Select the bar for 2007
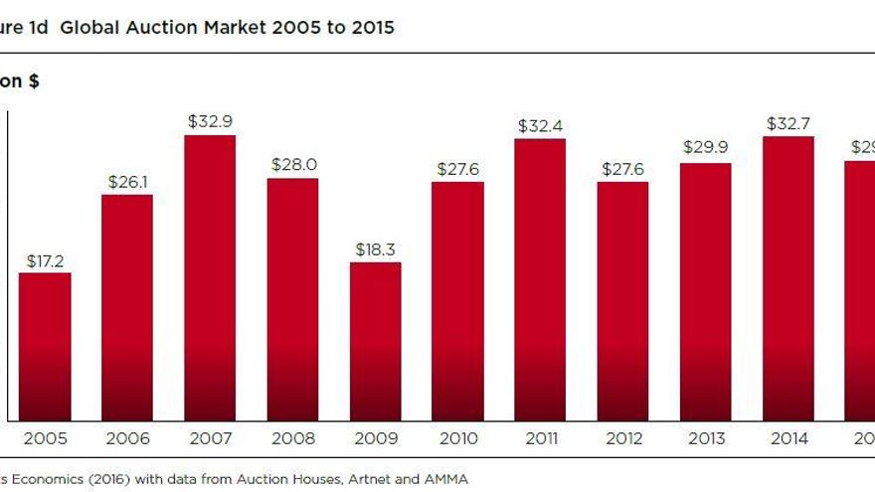210,277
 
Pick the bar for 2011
540,279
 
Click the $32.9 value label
210,121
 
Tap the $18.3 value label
375,248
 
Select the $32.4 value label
540,126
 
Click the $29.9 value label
705,147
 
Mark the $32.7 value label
788,123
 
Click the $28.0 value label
292,165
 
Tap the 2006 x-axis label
127,438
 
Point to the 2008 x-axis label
292,438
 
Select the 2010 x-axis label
457,438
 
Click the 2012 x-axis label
622,438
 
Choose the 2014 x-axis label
788,438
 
